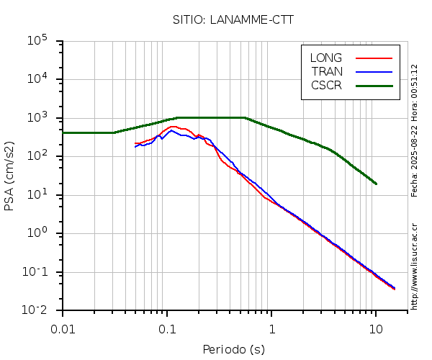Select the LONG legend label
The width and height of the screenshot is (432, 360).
coord(326,58)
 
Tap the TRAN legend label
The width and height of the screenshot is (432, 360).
coord(327,71)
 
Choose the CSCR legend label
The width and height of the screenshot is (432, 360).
coord(326,85)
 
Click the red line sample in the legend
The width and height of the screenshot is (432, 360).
coord(374,58)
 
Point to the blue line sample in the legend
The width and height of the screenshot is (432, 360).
coord(374,71)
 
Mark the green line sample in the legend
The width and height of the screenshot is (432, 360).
coord(374,85)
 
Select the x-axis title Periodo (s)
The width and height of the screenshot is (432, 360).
coord(233,350)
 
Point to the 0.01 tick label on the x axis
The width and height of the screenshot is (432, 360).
coord(63,329)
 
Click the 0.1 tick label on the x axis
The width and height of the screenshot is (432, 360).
coord(167,329)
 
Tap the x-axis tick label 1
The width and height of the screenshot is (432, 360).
coord(271,329)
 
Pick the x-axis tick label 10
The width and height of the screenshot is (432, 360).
coord(376,329)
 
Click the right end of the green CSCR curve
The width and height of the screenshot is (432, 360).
coord(376,184)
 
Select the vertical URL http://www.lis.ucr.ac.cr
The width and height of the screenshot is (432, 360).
coord(414,266)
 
